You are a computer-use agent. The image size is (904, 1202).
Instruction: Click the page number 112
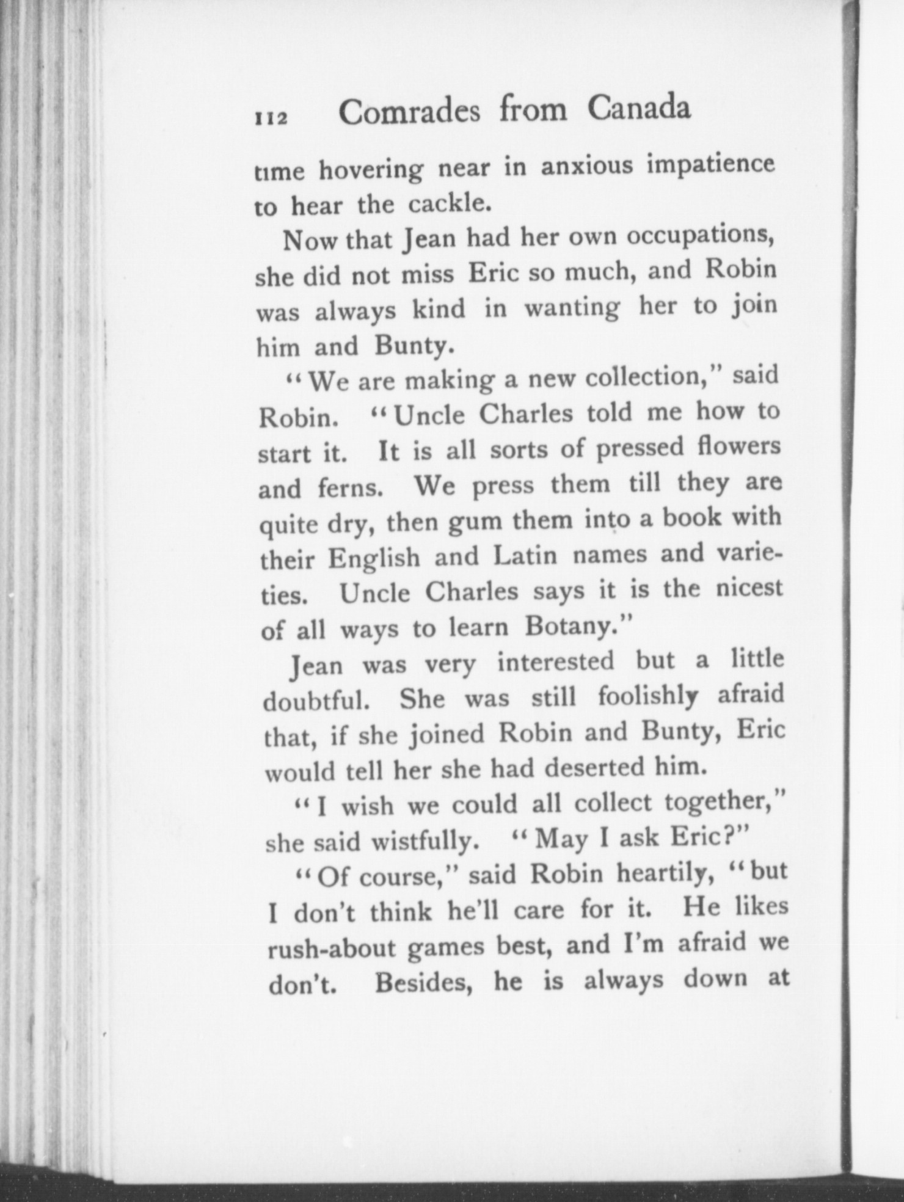pyautogui.click(x=271, y=117)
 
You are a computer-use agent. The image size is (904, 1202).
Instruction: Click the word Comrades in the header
pyautogui.click(x=409, y=112)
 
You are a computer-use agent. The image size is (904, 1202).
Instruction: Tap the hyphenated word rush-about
pyautogui.click(x=333, y=949)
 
